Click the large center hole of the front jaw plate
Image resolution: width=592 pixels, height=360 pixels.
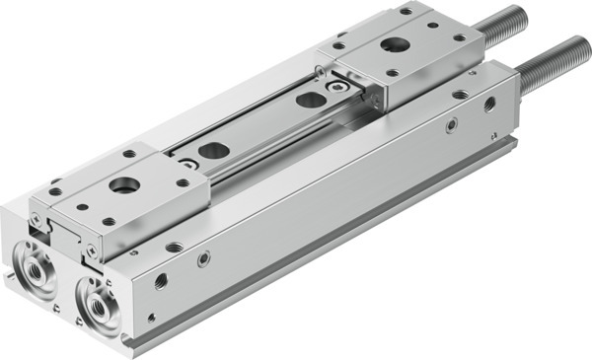[124, 184]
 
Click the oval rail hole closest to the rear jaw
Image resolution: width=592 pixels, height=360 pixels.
[310, 100]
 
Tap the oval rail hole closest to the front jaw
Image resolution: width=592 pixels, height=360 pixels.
[211, 152]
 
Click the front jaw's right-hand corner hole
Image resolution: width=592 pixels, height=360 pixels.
[183, 182]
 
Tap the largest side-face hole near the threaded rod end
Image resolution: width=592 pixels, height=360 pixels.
[488, 104]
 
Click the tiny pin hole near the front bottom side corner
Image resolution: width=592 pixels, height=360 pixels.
[151, 317]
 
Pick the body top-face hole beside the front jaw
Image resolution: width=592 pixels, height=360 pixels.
[174, 247]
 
